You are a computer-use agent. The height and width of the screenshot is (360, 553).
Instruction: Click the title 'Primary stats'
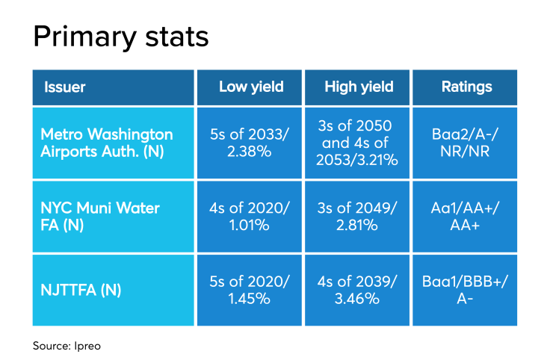tap(121, 35)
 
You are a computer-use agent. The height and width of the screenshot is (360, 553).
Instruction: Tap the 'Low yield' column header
tap(251, 87)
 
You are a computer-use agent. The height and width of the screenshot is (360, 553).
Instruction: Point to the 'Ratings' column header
tap(466, 87)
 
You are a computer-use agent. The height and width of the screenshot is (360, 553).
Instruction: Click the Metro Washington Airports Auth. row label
tap(106, 143)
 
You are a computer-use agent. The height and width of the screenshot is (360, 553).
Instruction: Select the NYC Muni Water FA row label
tap(99, 216)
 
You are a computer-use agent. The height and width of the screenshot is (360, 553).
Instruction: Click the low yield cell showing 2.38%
tap(251, 143)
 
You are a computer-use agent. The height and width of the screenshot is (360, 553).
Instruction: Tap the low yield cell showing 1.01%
tap(251, 216)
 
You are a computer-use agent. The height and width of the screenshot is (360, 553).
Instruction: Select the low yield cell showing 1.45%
tap(251, 288)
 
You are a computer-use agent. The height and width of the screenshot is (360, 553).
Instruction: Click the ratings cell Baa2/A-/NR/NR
tap(466, 143)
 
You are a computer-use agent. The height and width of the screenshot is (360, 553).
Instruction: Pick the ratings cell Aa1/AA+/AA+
tap(466, 216)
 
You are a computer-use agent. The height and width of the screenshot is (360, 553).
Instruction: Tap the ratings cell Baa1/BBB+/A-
tap(466, 288)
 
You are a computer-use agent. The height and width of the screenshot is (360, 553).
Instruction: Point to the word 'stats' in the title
tap(179, 35)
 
